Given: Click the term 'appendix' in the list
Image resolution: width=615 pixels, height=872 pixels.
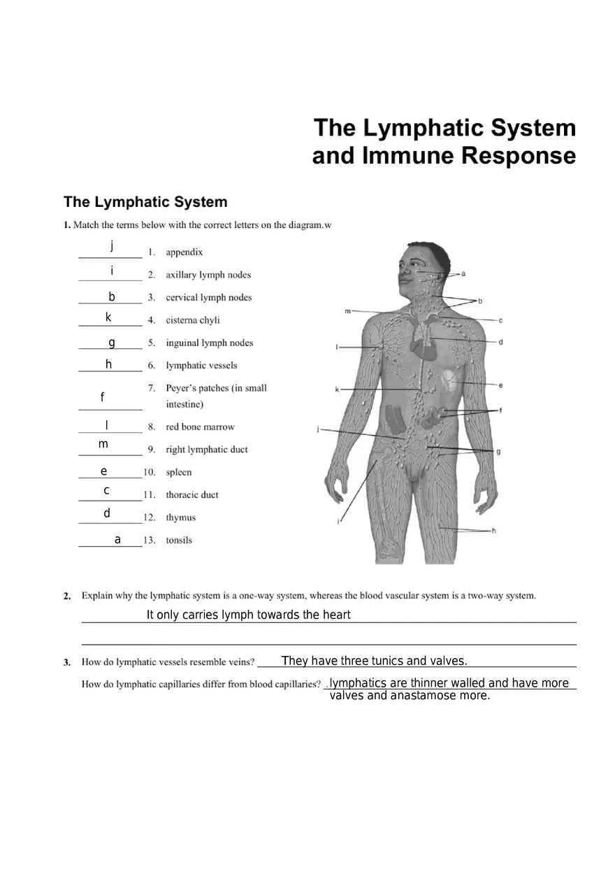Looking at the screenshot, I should [x=184, y=252].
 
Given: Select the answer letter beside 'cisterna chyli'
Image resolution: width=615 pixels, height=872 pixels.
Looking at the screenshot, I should [x=108, y=317].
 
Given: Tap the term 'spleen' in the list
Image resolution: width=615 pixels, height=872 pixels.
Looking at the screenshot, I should [x=178, y=472].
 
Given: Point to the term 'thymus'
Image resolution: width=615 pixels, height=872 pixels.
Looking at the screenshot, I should [x=180, y=517].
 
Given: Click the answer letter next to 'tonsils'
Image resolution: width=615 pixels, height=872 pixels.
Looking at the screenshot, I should [x=117, y=539].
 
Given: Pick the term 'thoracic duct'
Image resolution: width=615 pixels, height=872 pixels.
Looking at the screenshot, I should [x=191, y=494].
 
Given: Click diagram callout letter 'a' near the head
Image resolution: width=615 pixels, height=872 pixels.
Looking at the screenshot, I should [x=463, y=274].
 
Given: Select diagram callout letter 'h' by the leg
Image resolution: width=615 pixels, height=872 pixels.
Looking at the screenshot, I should [x=493, y=531].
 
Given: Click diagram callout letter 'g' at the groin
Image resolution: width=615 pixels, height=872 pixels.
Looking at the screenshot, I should [x=498, y=452].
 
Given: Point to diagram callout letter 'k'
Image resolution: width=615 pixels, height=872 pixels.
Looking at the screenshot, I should [x=337, y=389].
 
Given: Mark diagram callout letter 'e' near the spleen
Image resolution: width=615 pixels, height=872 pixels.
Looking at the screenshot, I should [x=500, y=385].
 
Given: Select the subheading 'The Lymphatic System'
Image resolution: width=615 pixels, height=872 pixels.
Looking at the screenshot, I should [x=145, y=202].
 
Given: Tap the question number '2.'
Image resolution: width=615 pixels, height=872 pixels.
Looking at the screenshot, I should [x=67, y=596].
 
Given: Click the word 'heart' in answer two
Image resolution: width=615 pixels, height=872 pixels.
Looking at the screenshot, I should [x=335, y=615].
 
